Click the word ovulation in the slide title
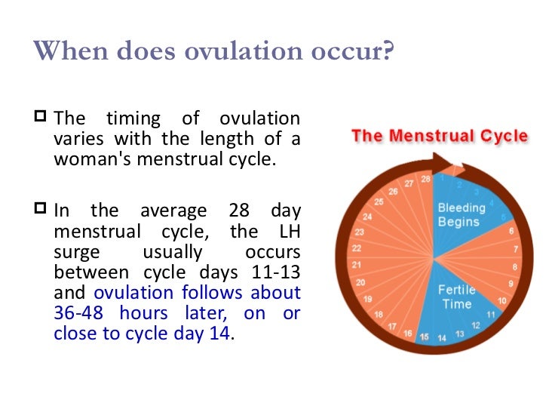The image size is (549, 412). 244,51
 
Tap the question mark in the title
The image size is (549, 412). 388,51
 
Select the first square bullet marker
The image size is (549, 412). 40,116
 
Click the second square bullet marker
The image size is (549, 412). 40,208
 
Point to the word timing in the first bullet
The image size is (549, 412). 133,118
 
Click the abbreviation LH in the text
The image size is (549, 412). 290,231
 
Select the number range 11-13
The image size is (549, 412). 276,272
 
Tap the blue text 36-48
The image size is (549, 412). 78,312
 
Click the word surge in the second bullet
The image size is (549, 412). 77,253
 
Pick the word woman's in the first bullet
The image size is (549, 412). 93,158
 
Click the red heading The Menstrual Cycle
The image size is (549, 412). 440,136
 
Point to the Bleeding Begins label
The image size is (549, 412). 462,215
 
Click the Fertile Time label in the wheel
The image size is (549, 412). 457,297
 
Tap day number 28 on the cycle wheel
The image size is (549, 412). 426,180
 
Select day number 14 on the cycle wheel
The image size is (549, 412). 442,338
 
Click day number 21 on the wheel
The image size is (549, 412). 357,265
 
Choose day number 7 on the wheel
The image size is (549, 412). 516,249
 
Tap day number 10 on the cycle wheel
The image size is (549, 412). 502,300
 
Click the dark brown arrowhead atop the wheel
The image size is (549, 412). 443,163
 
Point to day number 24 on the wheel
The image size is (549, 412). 367,217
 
